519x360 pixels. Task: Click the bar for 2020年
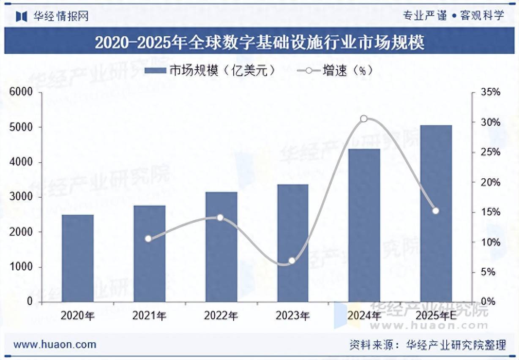[77, 258]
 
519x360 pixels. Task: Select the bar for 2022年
[221, 247]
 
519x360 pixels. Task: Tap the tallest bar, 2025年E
[436, 213]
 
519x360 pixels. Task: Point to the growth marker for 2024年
[364, 119]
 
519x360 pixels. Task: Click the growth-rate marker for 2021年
[148, 239]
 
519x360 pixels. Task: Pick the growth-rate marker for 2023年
[292, 261]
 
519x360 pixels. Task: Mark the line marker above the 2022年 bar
[220, 218]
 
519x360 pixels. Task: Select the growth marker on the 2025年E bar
[436, 211]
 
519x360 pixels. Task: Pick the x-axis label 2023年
[292, 315]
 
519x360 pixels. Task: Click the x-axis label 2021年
[149, 315]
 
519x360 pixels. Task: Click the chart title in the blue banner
[259, 42]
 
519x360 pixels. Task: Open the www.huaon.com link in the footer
[55, 344]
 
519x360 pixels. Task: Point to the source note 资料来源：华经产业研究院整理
[427, 345]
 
